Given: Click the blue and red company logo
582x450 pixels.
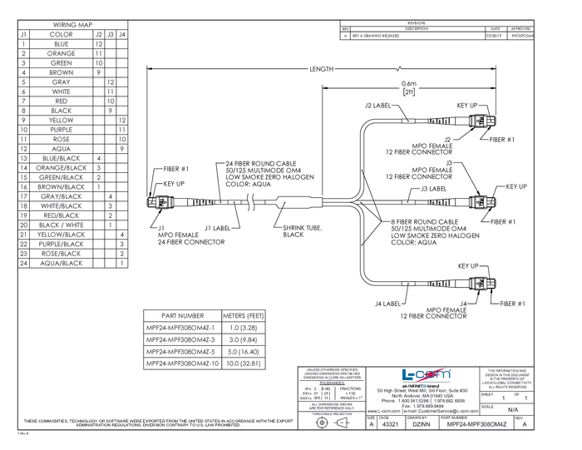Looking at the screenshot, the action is pos(425,375).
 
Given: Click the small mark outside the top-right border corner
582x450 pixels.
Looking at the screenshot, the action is pos(534,18).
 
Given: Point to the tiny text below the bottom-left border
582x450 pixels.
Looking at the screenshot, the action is pos(23,433).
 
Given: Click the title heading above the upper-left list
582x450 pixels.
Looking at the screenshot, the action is pos(71,25).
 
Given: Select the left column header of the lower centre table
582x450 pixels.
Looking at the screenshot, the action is pos(183,316).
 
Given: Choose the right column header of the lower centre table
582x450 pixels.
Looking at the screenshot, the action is pos(244,316).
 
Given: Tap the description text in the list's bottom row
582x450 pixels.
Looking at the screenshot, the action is pos(62,263).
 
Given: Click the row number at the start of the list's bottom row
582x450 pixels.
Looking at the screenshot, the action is pos(23,263).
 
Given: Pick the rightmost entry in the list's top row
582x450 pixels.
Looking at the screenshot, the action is pos(122,35).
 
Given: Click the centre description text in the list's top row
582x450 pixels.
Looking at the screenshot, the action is pos(62,35).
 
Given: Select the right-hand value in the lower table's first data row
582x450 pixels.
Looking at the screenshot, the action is pos(244,328).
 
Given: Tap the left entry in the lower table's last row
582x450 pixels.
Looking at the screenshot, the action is pos(182,363).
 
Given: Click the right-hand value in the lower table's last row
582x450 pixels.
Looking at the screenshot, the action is pos(244,363).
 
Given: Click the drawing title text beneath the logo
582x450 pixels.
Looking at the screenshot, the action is pos(424,395).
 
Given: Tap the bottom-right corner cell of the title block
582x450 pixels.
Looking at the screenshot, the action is pos(523,423).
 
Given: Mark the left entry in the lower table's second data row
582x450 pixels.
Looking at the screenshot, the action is pos(182,339).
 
